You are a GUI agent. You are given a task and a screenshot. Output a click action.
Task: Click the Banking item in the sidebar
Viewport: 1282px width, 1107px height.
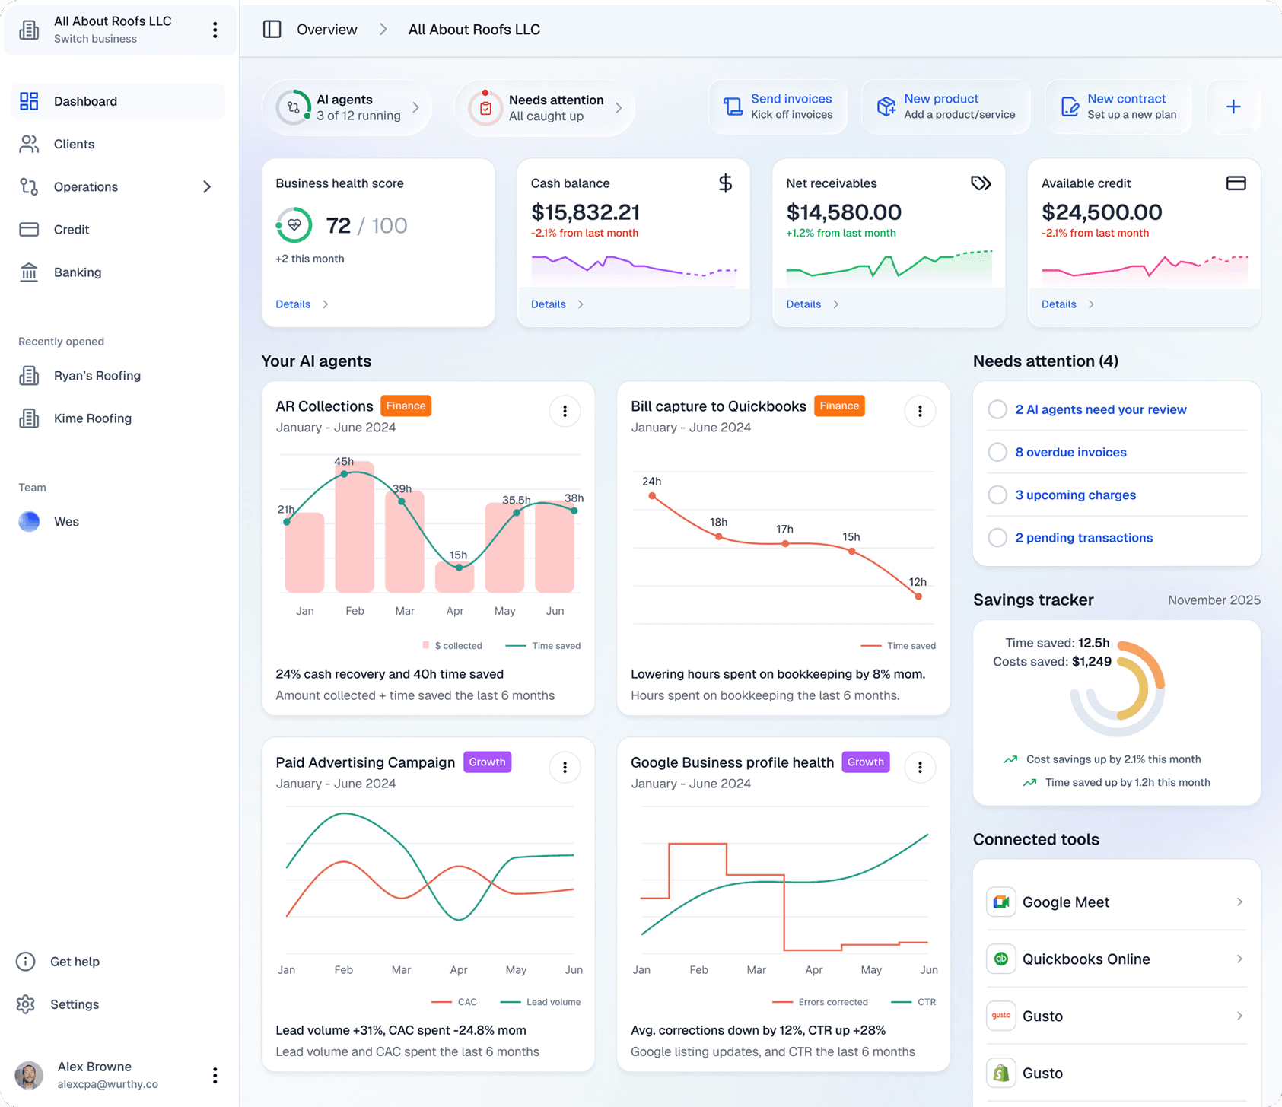point(77,272)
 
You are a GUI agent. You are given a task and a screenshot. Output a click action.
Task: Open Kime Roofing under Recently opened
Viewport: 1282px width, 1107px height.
point(92,418)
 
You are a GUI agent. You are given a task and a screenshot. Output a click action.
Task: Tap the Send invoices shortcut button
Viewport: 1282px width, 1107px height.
point(778,107)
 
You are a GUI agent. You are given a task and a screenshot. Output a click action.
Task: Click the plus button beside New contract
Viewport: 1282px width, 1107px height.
point(1233,107)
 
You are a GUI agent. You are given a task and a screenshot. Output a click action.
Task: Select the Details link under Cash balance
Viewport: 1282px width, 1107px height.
point(549,304)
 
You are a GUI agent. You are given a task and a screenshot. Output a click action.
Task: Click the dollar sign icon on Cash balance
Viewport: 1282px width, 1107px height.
point(725,183)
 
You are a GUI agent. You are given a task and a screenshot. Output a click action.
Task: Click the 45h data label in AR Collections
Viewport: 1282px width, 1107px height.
point(344,462)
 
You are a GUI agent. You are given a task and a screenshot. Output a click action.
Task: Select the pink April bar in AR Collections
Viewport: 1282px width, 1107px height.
point(454,578)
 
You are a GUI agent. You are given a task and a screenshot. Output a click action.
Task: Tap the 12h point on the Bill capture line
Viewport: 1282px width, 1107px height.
point(918,596)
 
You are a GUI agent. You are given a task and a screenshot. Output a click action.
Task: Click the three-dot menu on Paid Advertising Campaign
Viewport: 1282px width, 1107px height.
point(565,768)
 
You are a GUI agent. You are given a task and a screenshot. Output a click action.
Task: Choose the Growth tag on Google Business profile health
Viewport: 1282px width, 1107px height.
point(865,762)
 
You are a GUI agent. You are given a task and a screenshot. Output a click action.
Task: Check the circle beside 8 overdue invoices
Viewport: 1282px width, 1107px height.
point(997,452)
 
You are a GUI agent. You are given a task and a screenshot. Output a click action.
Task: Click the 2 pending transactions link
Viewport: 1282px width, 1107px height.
point(1083,538)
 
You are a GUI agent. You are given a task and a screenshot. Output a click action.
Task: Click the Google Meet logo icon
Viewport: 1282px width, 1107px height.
point(1001,902)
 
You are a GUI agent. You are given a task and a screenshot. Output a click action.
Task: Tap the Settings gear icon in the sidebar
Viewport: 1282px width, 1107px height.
point(26,1004)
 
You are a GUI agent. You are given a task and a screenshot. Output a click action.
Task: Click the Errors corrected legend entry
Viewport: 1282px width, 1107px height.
point(832,1002)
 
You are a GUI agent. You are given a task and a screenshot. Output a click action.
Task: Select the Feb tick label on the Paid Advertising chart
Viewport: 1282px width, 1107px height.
point(344,970)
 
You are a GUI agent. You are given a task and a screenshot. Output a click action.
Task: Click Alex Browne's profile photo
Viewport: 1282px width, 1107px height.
point(29,1075)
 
